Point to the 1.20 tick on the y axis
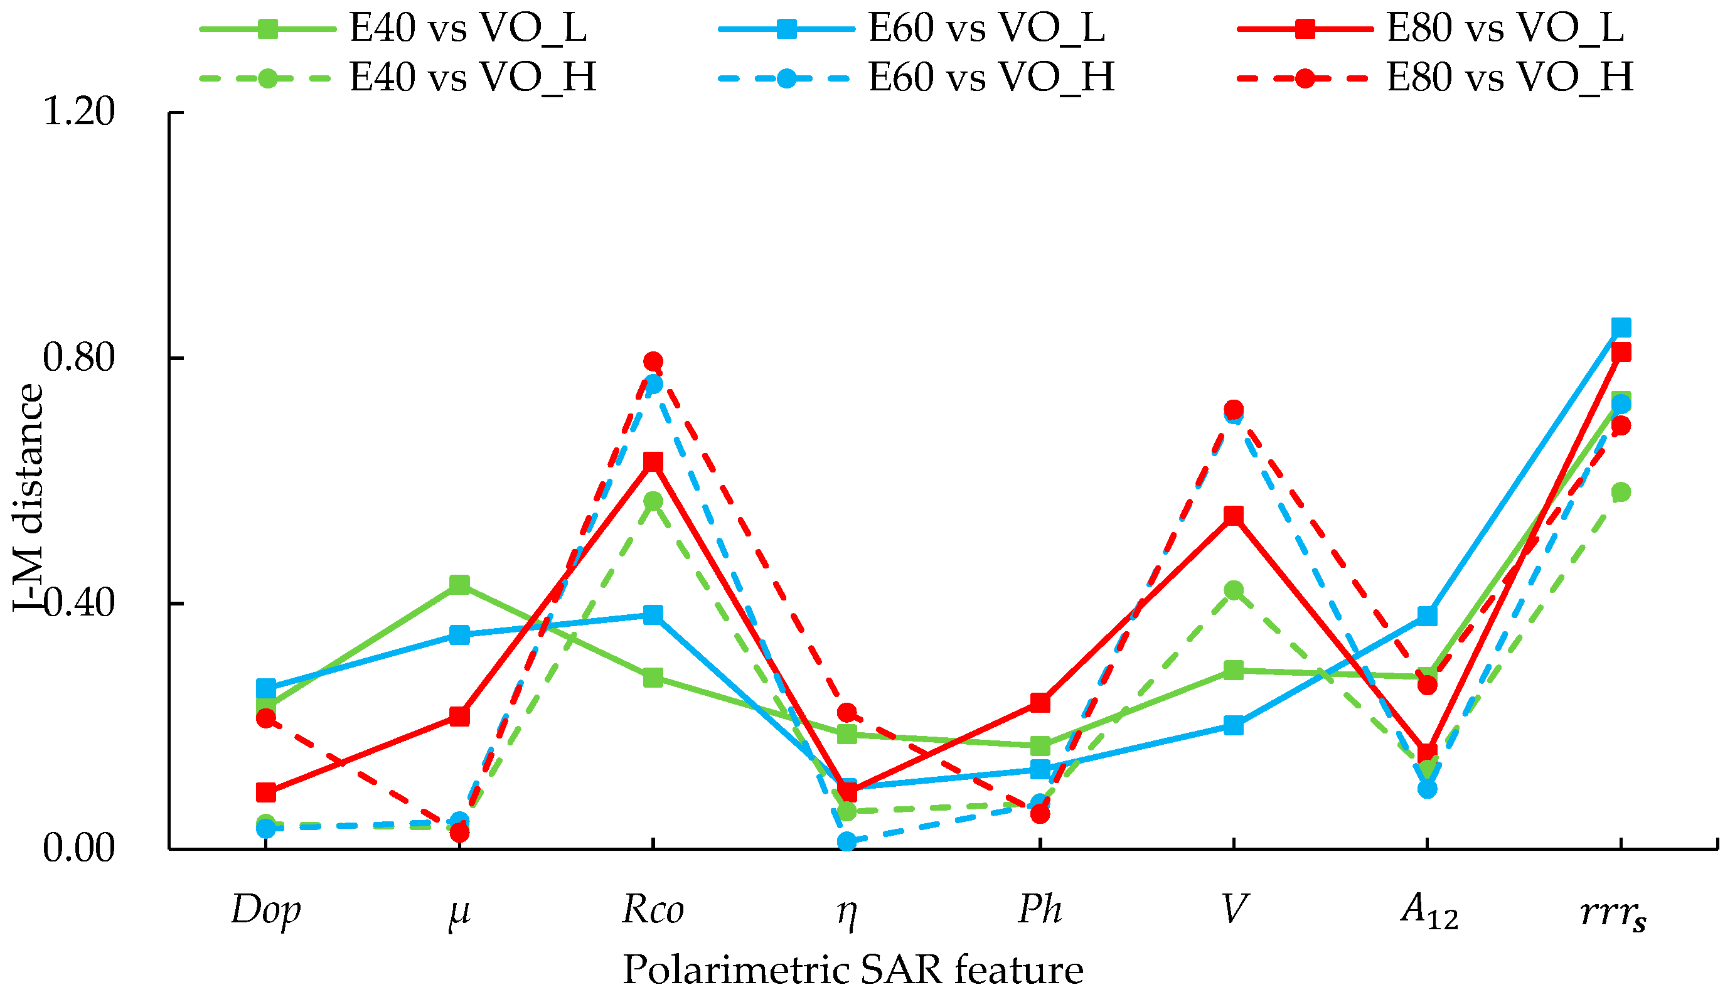[x=78, y=112]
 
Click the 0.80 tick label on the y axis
[x=78, y=358]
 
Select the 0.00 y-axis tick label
[x=78, y=849]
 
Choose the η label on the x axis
[x=847, y=914]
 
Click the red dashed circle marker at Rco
[x=653, y=361]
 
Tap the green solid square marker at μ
[x=459, y=584]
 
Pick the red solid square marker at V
[x=1234, y=516]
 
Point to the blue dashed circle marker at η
[x=847, y=841]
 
